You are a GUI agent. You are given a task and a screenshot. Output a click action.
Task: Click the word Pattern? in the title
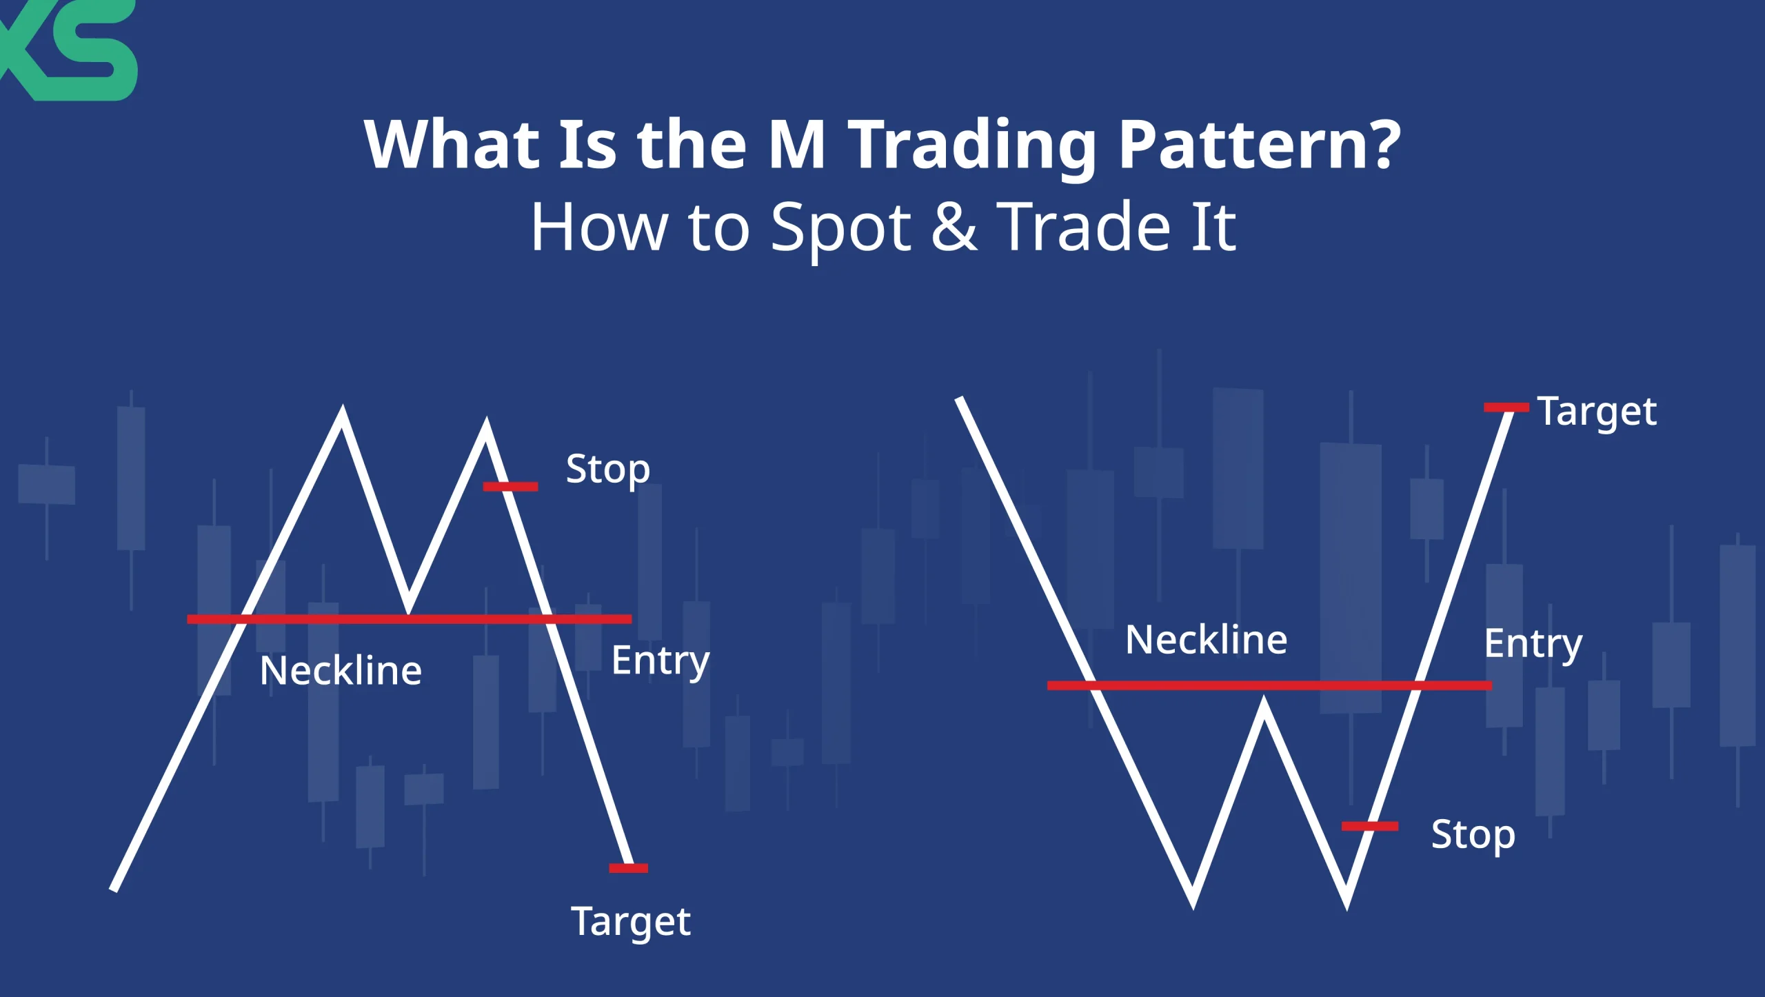(x=1259, y=145)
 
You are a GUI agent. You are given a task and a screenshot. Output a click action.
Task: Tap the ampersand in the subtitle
(x=954, y=228)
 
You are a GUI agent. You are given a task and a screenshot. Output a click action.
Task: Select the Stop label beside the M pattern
(x=607, y=470)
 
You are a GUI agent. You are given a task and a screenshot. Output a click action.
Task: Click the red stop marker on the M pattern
(x=510, y=487)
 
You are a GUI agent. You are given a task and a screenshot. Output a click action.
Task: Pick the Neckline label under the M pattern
(x=341, y=671)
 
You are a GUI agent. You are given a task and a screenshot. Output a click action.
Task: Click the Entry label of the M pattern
(x=660, y=661)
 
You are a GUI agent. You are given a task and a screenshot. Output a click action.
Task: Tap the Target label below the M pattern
(x=630, y=922)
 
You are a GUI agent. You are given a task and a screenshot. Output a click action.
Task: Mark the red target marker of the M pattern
(x=628, y=868)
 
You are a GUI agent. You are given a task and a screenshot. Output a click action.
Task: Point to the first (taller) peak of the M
(x=343, y=414)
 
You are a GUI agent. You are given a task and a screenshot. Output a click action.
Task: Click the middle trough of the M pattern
(x=409, y=607)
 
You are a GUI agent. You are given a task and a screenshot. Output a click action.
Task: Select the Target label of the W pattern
(x=1597, y=412)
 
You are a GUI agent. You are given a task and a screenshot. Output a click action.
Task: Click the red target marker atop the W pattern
(x=1506, y=407)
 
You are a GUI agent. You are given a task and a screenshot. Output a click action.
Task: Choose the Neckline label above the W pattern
(x=1206, y=640)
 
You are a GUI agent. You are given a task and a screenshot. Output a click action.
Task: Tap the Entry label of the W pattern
(x=1533, y=644)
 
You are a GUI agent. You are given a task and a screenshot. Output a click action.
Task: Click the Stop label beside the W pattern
(x=1473, y=835)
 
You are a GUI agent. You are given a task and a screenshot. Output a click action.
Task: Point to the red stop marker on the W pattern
(x=1369, y=826)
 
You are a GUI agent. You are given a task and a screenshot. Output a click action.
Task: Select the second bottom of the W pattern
(x=1347, y=902)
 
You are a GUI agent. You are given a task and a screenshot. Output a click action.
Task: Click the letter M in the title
(x=796, y=145)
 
